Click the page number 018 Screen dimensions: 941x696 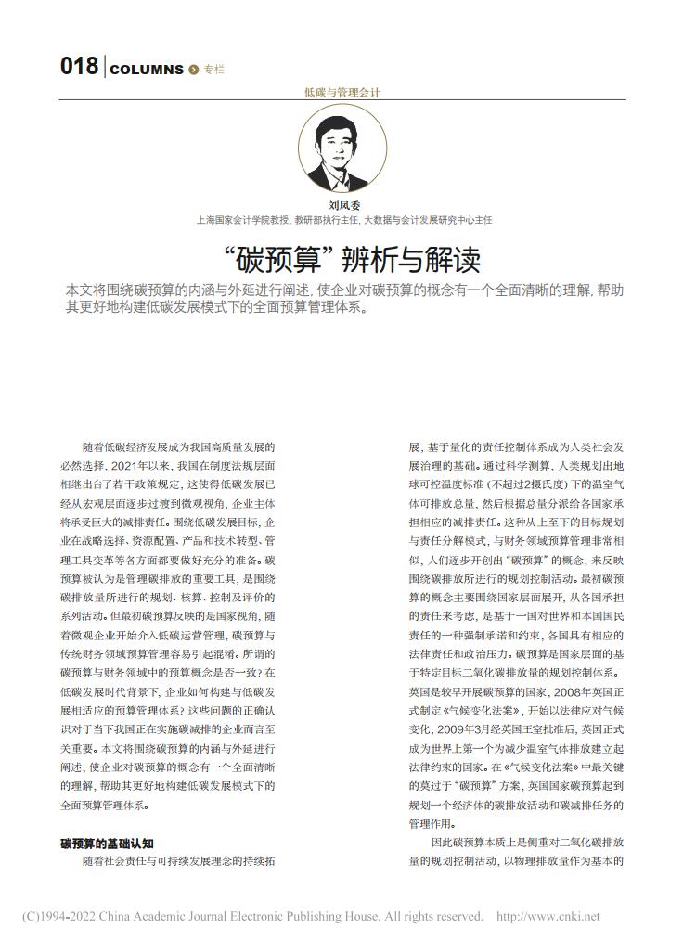click(x=79, y=67)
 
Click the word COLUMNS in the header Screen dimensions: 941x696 click(x=147, y=70)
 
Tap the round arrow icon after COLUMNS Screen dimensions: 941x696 click(x=194, y=70)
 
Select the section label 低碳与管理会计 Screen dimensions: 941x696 click(x=342, y=92)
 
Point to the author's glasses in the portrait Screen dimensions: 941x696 click(x=342, y=141)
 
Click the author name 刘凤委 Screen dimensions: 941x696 click(x=342, y=205)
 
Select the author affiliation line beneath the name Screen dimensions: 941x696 click(x=343, y=221)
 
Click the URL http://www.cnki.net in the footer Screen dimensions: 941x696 click(x=548, y=917)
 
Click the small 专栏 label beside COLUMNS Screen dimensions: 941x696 click(x=214, y=70)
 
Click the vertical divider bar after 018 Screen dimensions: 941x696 click(x=104, y=68)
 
